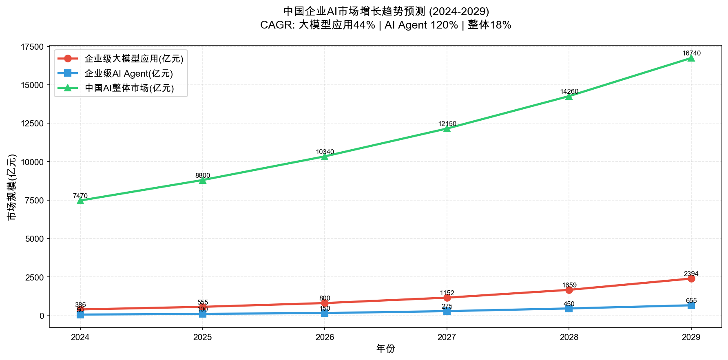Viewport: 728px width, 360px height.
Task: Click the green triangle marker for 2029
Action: coord(691,58)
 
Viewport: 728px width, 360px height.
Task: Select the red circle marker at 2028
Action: coord(569,290)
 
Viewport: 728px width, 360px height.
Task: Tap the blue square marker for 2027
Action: coord(447,311)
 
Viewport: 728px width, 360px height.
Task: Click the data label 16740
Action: coord(691,53)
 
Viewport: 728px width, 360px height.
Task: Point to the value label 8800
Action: coord(203,176)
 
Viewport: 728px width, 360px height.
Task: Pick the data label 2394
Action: coord(691,274)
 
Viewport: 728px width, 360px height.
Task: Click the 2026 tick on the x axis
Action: coord(325,337)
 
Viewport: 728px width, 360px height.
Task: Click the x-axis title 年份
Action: coord(385,349)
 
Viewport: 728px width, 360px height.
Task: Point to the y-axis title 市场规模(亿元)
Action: coord(12,187)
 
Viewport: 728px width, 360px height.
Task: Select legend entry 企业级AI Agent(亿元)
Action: coord(128,73)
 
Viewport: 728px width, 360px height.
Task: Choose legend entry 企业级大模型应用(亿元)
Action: coord(134,59)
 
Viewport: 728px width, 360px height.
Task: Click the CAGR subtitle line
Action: coord(385,25)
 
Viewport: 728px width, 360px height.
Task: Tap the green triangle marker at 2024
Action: coord(80,201)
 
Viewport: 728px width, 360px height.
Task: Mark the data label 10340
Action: coord(325,152)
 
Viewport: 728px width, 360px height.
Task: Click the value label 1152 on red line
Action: coord(447,293)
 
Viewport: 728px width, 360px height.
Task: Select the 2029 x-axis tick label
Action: coord(691,337)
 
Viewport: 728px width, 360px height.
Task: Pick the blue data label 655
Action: coord(691,301)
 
